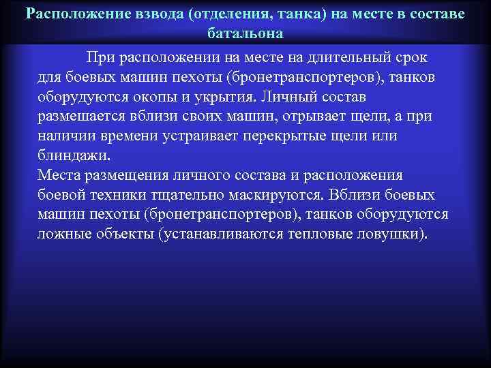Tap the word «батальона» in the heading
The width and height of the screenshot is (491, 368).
[x=245, y=33]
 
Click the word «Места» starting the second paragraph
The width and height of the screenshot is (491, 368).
[x=58, y=175]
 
